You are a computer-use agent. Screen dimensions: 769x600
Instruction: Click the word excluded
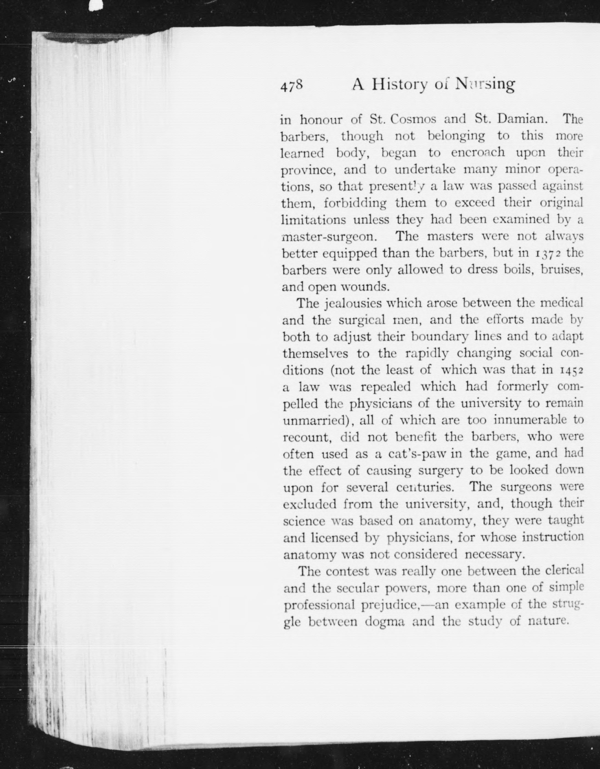click(310, 504)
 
